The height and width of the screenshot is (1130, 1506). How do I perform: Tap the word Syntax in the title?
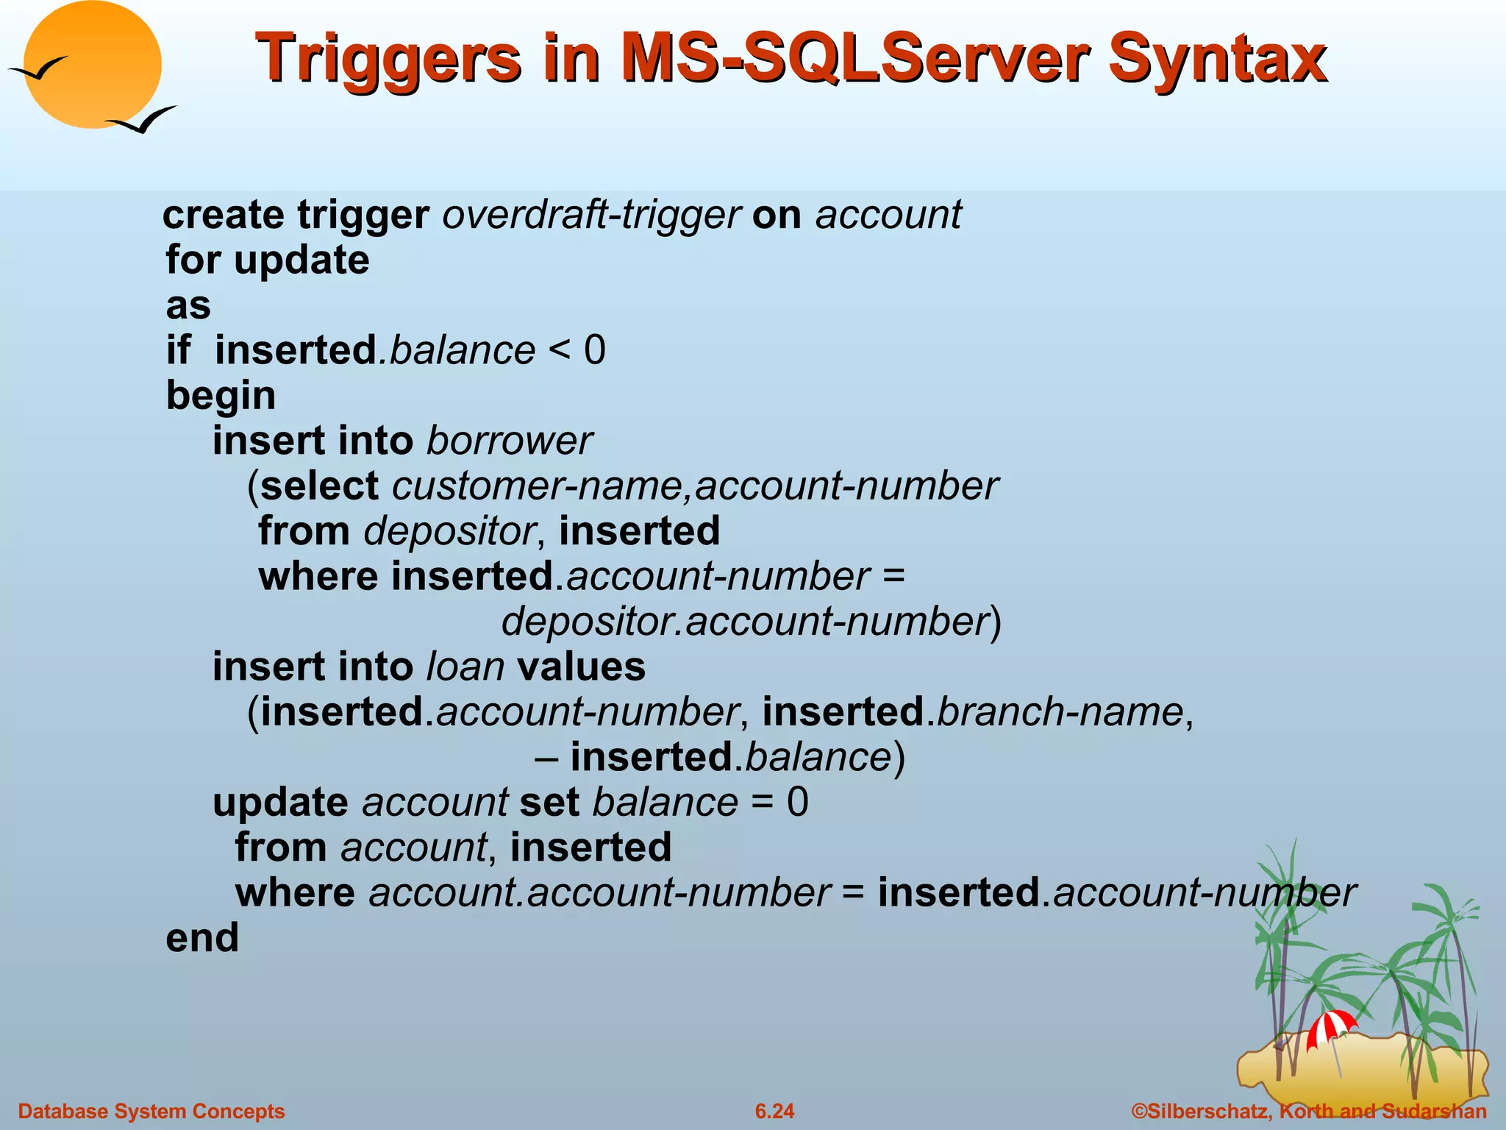pyautogui.click(x=1218, y=59)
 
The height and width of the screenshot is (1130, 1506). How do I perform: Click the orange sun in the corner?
pyautogui.click(x=92, y=65)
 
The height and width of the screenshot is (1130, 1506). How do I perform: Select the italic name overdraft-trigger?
pyautogui.click(x=591, y=215)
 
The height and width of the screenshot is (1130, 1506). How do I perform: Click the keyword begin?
pyautogui.click(x=221, y=396)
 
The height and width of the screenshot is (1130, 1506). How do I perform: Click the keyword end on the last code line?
pyautogui.click(x=202, y=938)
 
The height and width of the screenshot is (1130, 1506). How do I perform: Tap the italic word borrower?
pyautogui.click(x=509, y=441)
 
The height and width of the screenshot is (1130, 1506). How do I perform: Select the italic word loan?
pyautogui.click(x=465, y=667)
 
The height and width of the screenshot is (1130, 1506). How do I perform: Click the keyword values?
pyautogui.click(x=581, y=667)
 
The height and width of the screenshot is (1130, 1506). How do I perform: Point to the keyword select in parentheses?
pyautogui.click(x=320, y=486)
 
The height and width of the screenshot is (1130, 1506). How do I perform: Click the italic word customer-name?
pyautogui.click(x=540, y=486)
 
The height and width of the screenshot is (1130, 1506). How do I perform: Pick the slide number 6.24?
pyautogui.click(x=774, y=1111)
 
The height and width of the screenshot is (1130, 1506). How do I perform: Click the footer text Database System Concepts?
pyautogui.click(x=151, y=1111)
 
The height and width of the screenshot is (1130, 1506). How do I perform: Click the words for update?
pyautogui.click(x=268, y=260)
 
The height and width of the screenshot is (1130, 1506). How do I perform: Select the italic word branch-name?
pyautogui.click(x=1060, y=712)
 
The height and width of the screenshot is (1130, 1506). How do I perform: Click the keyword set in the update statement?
pyautogui.click(x=549, y=802)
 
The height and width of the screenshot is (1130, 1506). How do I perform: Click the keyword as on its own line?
pyautogui.click(x=188, y=305)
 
